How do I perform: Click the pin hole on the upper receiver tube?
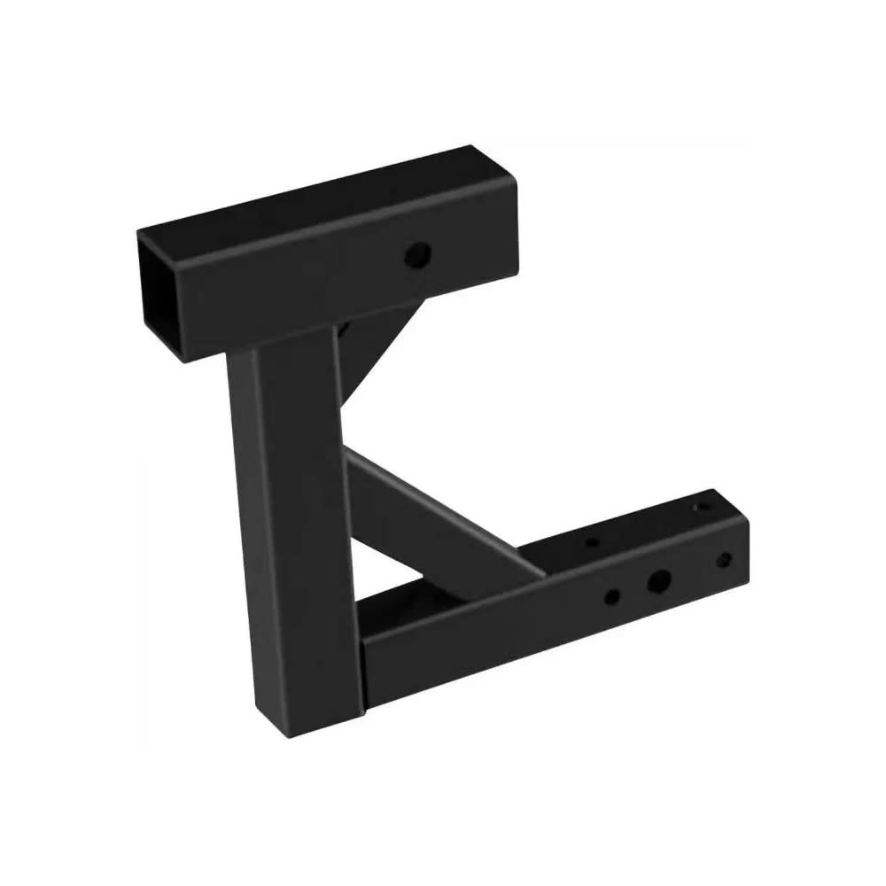(x=417, y=256)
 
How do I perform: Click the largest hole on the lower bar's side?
(x=658, y=582)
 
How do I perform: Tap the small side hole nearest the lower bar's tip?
(x=724, y=560)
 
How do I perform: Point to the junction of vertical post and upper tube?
(x=284, y=341)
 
